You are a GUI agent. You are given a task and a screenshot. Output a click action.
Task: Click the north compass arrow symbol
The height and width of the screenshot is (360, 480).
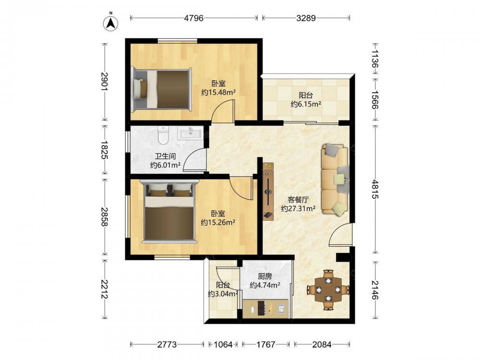pos(111,23)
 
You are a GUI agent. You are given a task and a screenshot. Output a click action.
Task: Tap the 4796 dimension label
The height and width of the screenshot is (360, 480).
pos(193,18)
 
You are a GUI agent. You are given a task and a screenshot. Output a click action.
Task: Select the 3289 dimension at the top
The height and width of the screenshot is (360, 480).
pos(306,18)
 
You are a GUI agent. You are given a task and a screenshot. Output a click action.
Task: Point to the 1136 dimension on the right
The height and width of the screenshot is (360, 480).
pos(375,59)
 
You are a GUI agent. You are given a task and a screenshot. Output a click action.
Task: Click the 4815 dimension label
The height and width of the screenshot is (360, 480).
pos(375,190)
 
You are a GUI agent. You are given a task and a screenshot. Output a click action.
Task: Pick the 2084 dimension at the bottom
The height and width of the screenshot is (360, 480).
pos(322,345)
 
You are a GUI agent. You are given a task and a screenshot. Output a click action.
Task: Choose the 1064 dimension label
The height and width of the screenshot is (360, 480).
pos(223,345)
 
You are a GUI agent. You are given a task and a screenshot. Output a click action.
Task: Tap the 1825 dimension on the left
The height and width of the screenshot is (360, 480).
pos(104,150)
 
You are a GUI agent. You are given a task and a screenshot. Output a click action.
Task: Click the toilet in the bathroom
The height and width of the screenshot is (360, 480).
pos(164,135)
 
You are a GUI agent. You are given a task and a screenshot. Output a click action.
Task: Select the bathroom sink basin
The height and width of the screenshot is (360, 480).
pos(190,133)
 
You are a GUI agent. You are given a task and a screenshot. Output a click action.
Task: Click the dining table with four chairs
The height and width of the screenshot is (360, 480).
pos(328,289)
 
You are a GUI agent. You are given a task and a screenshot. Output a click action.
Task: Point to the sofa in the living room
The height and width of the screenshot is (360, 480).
pos(335,179)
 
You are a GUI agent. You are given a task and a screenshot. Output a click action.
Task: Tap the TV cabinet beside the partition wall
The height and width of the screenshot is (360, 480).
pos(268,192)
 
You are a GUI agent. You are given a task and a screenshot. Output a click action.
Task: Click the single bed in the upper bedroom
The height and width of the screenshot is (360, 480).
pos(161,89)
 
